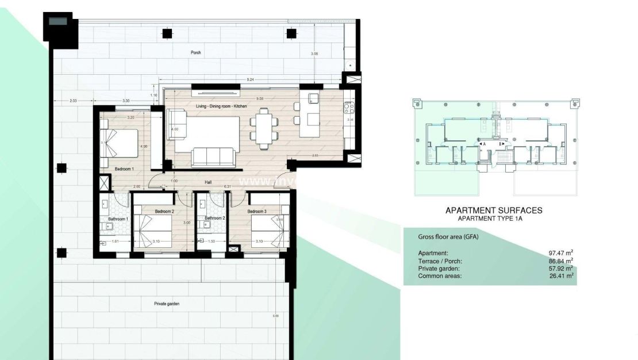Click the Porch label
click(197, 52)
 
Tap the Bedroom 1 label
click(124, 168)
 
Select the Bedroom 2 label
click(164, 212)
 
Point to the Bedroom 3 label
click(257, 212)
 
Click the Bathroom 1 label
click(118, 219)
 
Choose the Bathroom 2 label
click(214, 219)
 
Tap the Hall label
click(209, 182)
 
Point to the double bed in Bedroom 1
click(121, 143)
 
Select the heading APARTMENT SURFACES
click(494, 211)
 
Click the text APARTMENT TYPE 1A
click(493, 219)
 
